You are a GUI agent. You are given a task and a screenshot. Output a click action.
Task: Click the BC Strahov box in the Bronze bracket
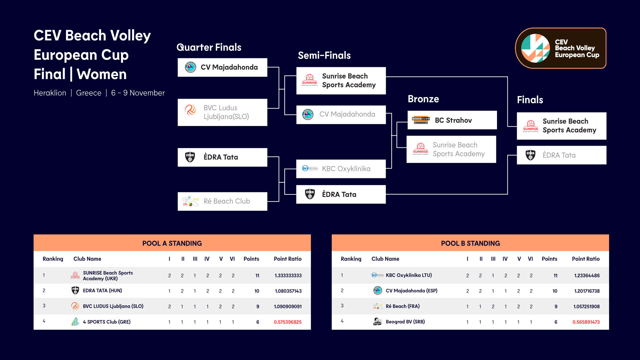pos(452,120)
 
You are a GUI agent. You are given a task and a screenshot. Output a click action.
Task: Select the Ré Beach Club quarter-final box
pos(222,201)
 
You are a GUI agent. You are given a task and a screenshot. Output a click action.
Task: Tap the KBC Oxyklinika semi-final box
pos(341,169)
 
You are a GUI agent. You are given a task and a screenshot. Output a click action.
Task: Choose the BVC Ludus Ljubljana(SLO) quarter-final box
pos(222,112)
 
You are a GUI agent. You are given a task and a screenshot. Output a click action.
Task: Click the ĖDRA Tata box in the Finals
pos(561,155)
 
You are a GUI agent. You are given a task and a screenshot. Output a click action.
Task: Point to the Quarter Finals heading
pos(209,47)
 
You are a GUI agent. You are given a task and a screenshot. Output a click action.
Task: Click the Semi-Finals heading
pos(324,55)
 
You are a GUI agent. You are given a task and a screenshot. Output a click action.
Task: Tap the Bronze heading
pos(423,99)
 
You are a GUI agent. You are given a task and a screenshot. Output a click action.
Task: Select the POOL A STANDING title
pos(172,243)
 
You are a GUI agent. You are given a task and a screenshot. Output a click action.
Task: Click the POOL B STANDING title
pos(470,243)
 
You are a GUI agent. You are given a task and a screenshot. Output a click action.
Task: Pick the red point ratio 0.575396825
pos(288,322)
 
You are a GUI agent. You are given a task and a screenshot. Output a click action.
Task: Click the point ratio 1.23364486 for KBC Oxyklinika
pos(587,276)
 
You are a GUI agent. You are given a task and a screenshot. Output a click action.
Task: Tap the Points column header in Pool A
pos(251,259)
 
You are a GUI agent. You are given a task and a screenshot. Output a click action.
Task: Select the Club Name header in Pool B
pos(385,259)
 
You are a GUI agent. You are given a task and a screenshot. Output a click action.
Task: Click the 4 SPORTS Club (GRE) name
pos(107,322)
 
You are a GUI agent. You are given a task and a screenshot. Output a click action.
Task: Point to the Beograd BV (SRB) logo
pos(377,322)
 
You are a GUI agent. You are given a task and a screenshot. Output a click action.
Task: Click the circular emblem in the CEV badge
pos(535,48)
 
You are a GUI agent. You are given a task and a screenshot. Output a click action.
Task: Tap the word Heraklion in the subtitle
pos(50,93)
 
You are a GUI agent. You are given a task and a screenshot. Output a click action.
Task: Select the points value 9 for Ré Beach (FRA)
pos(556,307)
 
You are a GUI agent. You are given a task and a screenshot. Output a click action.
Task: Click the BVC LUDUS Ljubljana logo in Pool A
pos(75,306)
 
